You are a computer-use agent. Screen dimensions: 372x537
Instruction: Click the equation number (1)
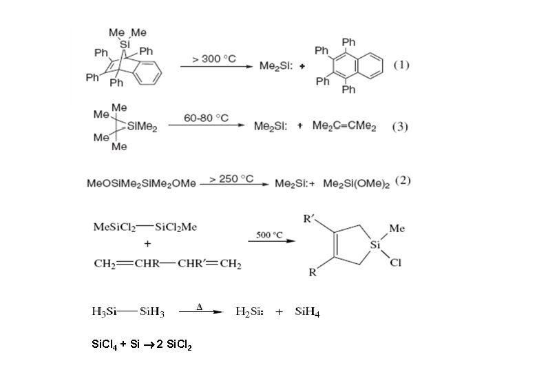click(401, 66)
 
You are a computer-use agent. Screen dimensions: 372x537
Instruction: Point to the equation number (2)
click(403, 182)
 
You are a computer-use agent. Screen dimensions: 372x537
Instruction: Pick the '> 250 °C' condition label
click(231, 178)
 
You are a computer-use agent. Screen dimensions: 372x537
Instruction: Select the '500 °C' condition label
click(269, 234)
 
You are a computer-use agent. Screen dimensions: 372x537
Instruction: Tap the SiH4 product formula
click(307, 313)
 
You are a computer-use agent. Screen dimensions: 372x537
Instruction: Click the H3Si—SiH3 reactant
click(127, 313)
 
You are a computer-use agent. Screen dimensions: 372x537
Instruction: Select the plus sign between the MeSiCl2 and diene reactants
click(147, 245)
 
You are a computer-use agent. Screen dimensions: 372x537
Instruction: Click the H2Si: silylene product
click(249, 313)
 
